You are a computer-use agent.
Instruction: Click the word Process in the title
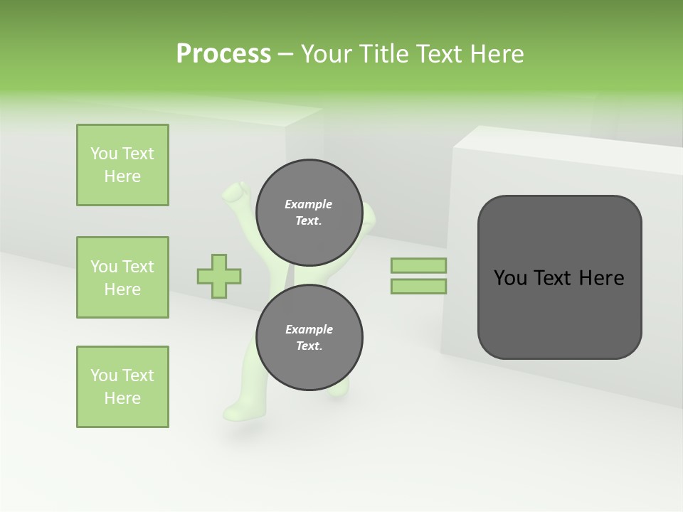click(223, 54)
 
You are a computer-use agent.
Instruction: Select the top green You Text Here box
click(122, 165)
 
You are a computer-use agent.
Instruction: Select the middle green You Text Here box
click(122, 277)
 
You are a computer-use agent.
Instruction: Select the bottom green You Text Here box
click(122, 387)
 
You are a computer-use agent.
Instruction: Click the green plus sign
click(219, 276)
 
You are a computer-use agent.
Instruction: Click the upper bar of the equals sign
click(418, 265)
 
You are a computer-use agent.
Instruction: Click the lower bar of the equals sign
click(418, 286)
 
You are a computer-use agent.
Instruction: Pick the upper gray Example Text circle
click(309, 212)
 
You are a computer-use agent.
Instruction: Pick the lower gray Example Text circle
click(309, 337)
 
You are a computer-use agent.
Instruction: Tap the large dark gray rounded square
click(559, 313)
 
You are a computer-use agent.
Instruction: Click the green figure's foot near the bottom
click(235, 411)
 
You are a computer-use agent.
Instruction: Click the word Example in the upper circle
click(308, 204)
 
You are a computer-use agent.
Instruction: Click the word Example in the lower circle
click(309, 329)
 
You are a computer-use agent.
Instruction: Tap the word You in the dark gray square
click(509, 278)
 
